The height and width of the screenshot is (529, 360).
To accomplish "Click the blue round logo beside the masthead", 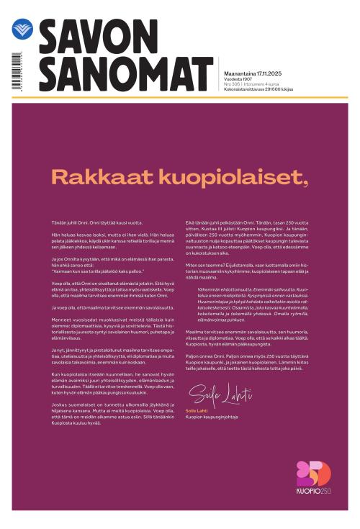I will tap(22, 29).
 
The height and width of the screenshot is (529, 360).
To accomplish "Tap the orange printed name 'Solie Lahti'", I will tap(196, 410).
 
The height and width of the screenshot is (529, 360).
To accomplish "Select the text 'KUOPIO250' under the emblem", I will tap(314, 492).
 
